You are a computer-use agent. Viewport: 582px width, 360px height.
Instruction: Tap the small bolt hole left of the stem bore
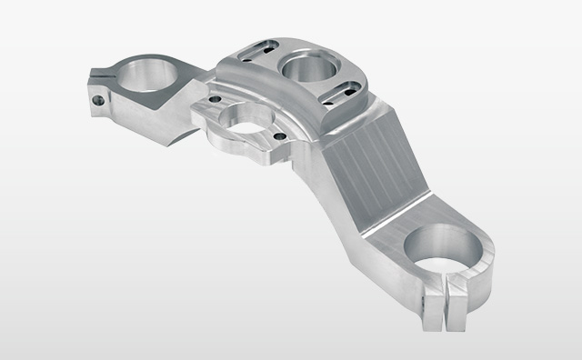214,101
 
